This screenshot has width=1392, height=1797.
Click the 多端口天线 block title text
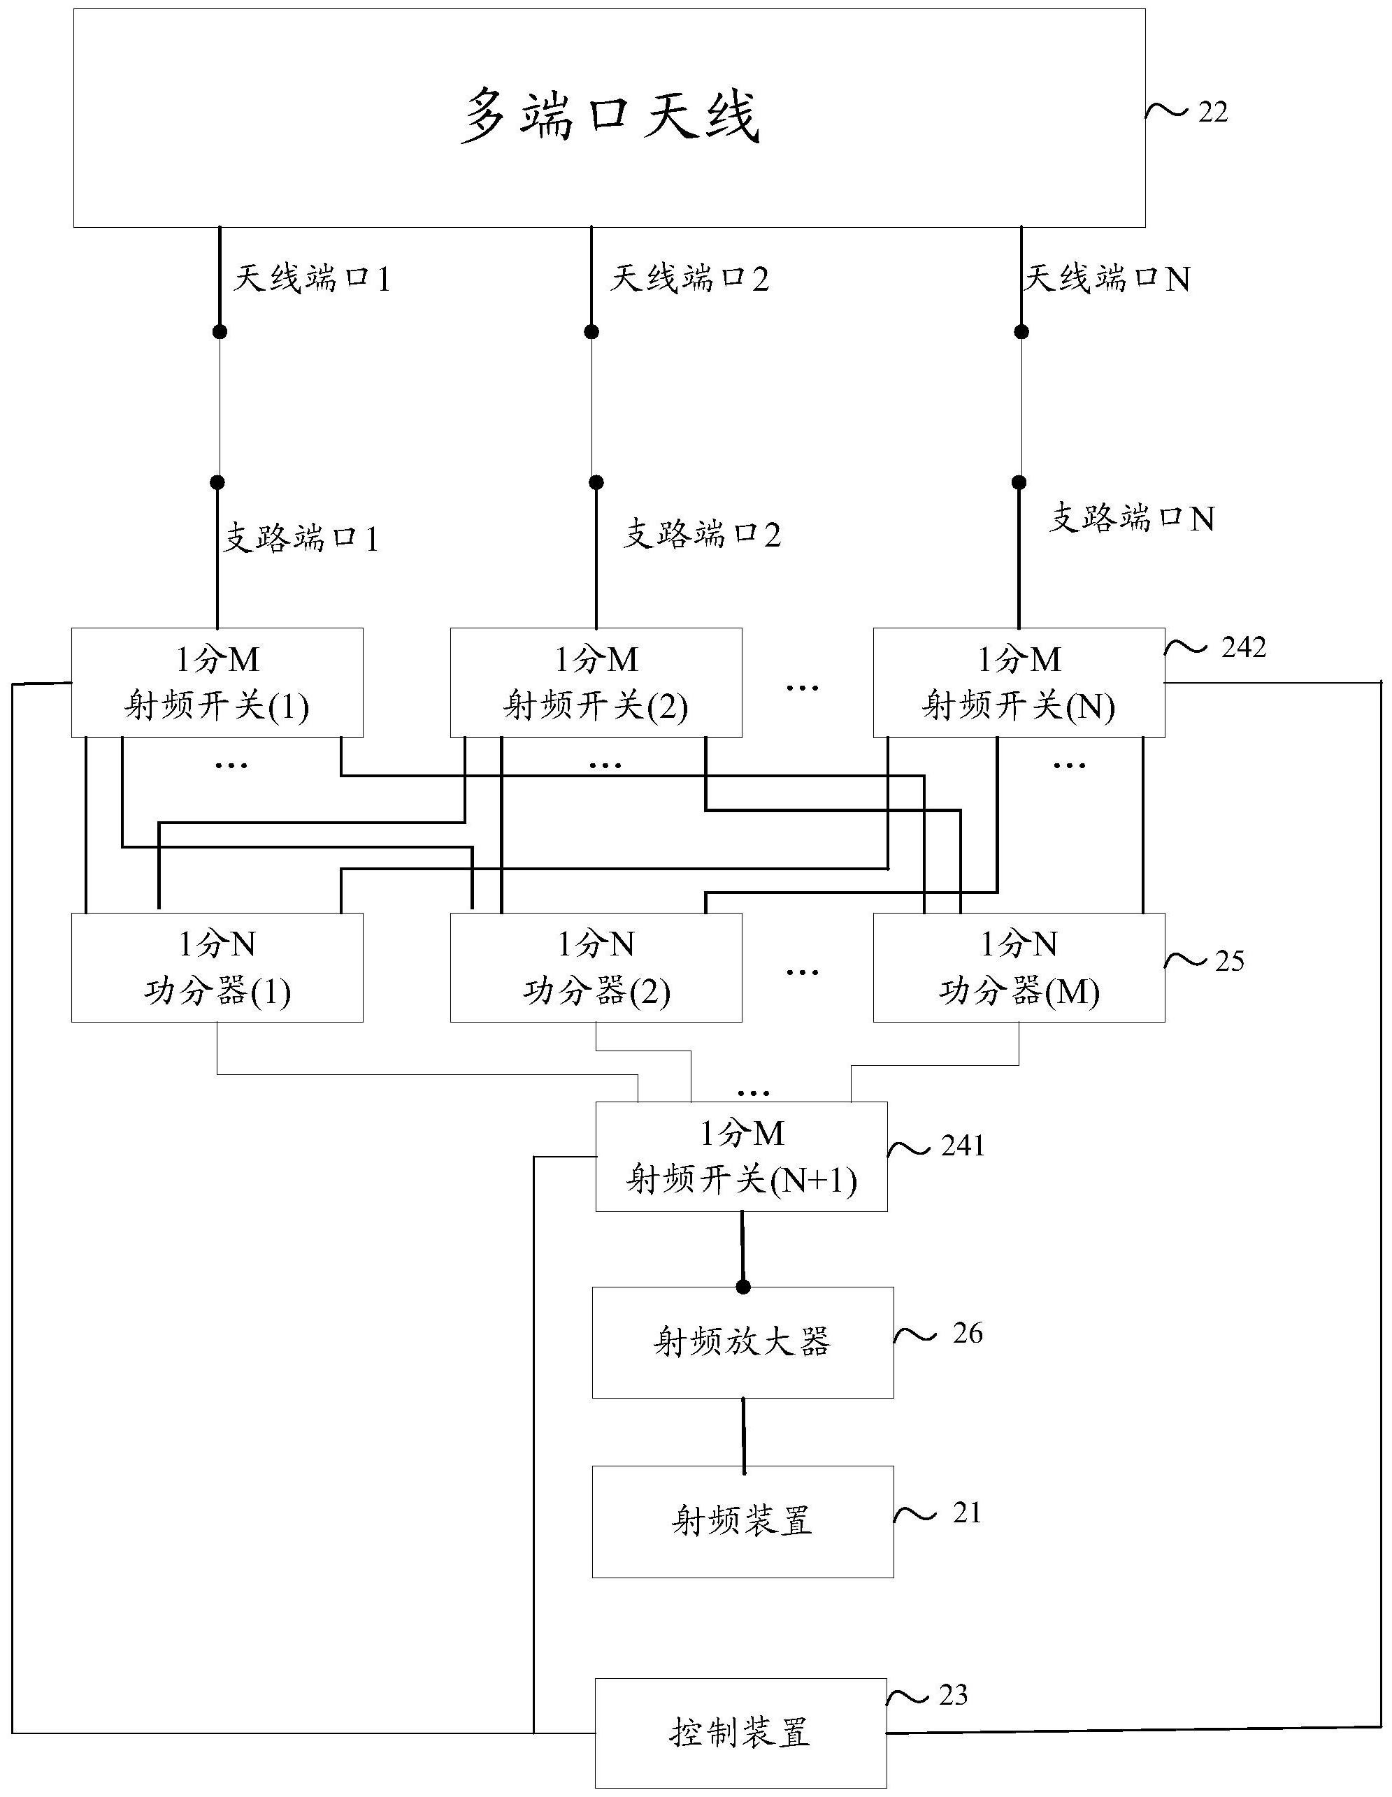pyautogui.click(x=608, y=116)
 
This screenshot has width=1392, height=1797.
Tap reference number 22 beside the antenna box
pyautogui.click(x=1212, y=112)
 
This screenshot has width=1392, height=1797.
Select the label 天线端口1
pyautogui.click(x=310, y=279)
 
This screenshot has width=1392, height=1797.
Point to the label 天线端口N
pyautogui.click(x=1105, y=279)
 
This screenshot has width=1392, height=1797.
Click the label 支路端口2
pyautogui.click(x=701, y=534)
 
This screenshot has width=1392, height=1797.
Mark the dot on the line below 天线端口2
pyautogui.click(x=591, y=331)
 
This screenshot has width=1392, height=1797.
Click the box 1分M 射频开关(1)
pyautogui.click(x=217, y=683)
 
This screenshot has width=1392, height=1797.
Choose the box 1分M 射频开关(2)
pyautogui.click(x=595, y=683)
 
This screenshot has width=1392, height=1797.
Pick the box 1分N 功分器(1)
pyautogui.click(x=217, y=967)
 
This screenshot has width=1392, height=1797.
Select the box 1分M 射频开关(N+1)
pyautogui.click(x=741, y=1157)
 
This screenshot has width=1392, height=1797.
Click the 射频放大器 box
pyautogui.click(x=742, y=1342)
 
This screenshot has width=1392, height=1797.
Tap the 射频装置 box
pyautogui.click(x=742, y=1522)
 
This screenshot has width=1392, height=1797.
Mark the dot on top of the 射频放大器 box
pyautogui.click(x=743, y=1287)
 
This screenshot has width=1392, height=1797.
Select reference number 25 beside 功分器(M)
pyautogui.click(x=1229, y=961)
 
